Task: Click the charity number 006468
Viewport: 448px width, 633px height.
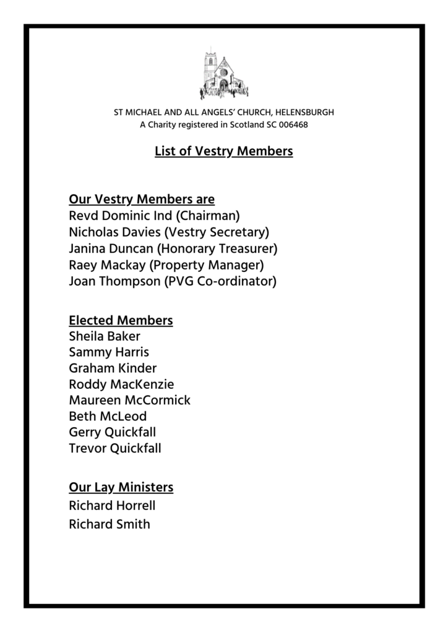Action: coord(294,124)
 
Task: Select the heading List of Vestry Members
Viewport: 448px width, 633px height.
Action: coord(223,150)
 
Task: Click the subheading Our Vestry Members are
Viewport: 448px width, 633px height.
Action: coord(142,200)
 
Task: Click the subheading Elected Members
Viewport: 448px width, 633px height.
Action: coord(121,320)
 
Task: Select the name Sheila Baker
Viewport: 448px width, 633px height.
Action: coord(105,336)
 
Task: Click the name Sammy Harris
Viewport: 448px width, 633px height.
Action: coord(109,352)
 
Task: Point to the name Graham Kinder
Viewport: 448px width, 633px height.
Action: coord(113,368)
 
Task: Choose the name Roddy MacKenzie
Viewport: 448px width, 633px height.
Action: coord(121,384)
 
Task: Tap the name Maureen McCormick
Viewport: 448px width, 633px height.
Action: coord(129,401)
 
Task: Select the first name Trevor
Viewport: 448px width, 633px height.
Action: coord(88,449)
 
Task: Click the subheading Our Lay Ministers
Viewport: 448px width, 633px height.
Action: coord(121,488)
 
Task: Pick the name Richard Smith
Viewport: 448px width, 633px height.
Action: coord(109,525)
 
